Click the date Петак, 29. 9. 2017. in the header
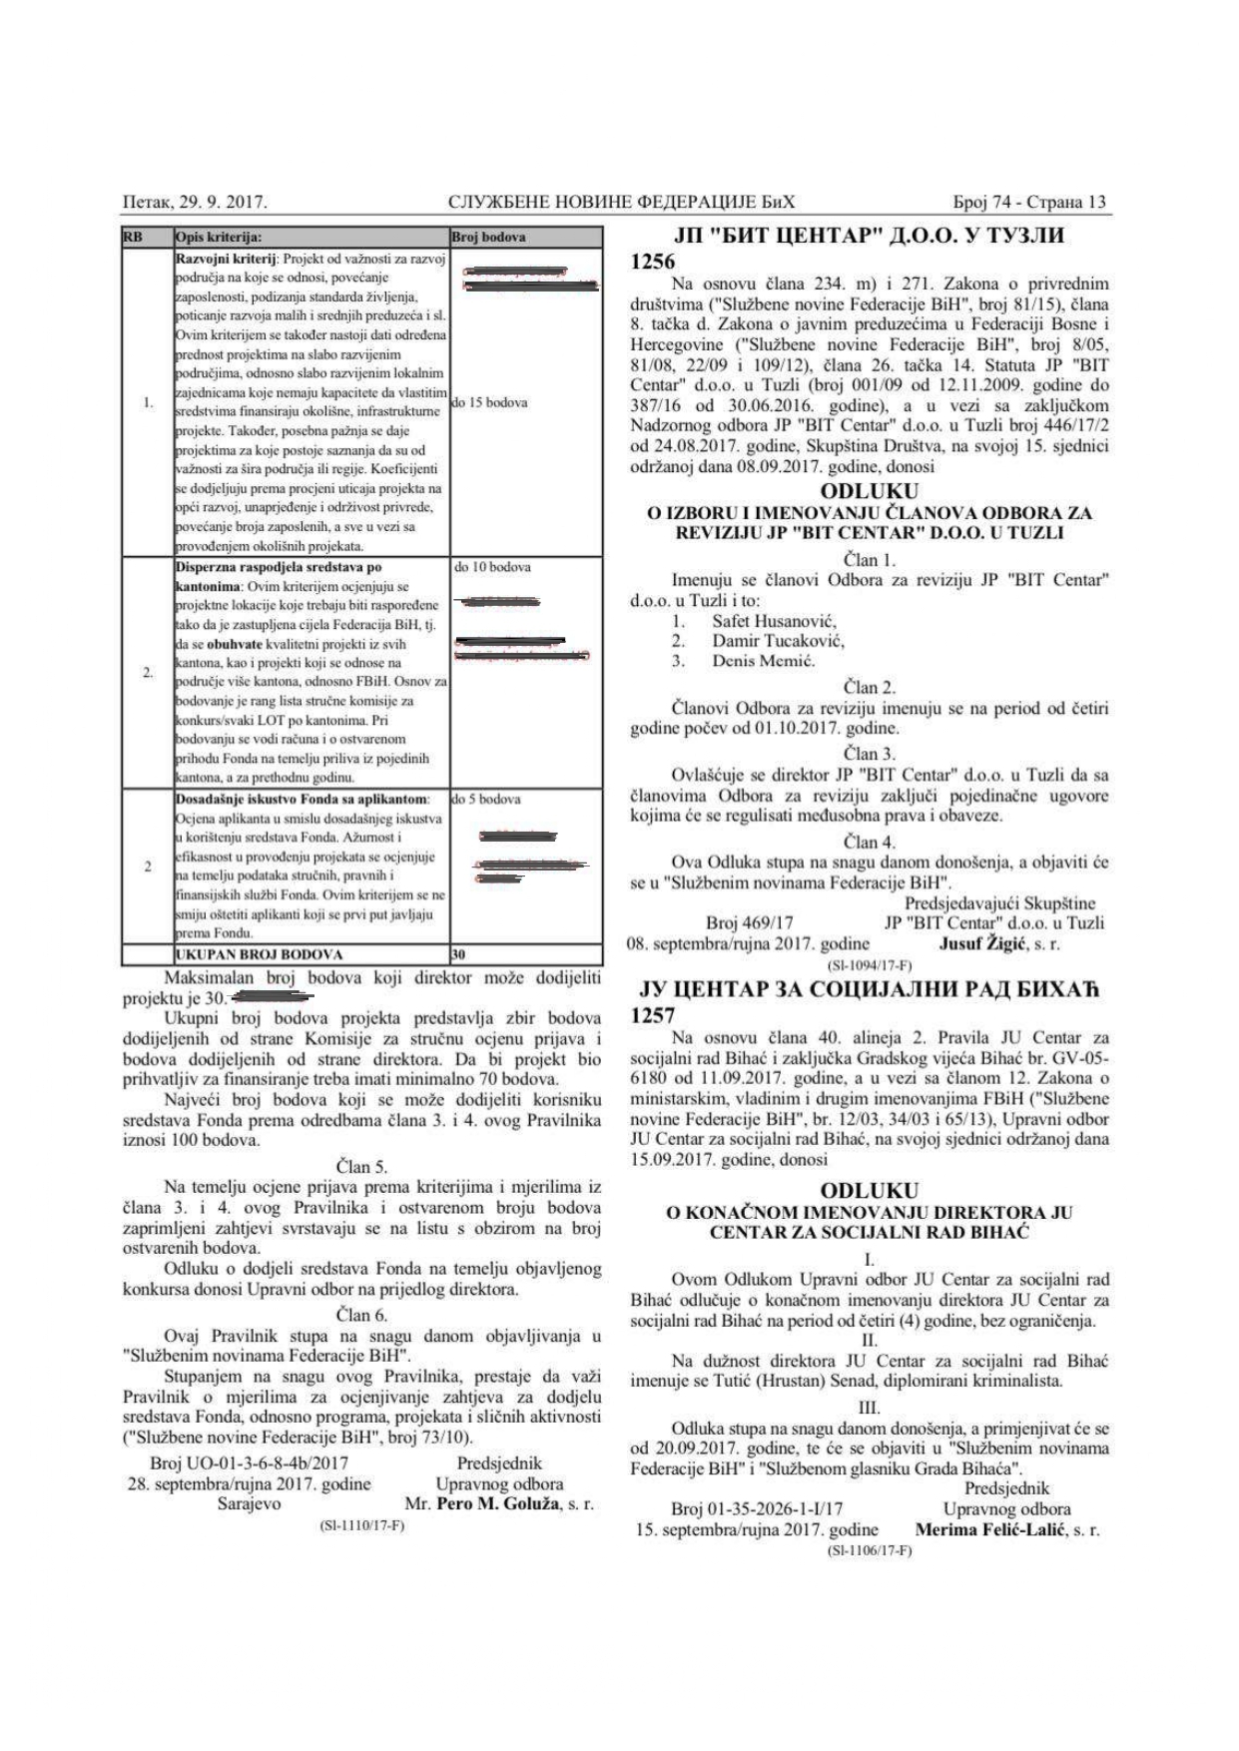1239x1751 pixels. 194,203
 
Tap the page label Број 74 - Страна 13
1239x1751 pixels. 1029,203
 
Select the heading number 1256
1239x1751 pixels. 655,262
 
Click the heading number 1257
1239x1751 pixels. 655,1015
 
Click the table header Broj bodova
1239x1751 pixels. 488,238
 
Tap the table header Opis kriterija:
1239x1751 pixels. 219,238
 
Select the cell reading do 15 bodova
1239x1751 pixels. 490,403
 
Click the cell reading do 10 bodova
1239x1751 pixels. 492,567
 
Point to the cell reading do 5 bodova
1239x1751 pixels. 486,800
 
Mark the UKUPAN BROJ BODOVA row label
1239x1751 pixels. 260,954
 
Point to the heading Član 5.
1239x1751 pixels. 360,1166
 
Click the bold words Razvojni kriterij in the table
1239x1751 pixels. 224,259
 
